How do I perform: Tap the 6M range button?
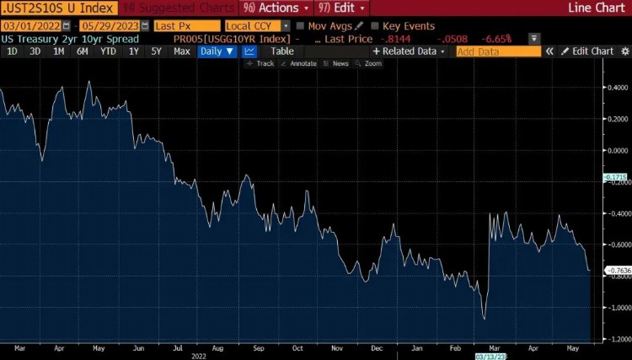(83, 51)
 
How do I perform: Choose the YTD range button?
(108, 51)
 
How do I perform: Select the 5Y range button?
(156, 51)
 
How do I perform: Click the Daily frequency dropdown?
(217, 51)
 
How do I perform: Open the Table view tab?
(282, 51)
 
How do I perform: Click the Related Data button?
(410, 51)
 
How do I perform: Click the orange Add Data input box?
(498, 51)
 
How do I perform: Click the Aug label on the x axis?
(217, 347)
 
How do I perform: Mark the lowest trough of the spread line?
(485, 319)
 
